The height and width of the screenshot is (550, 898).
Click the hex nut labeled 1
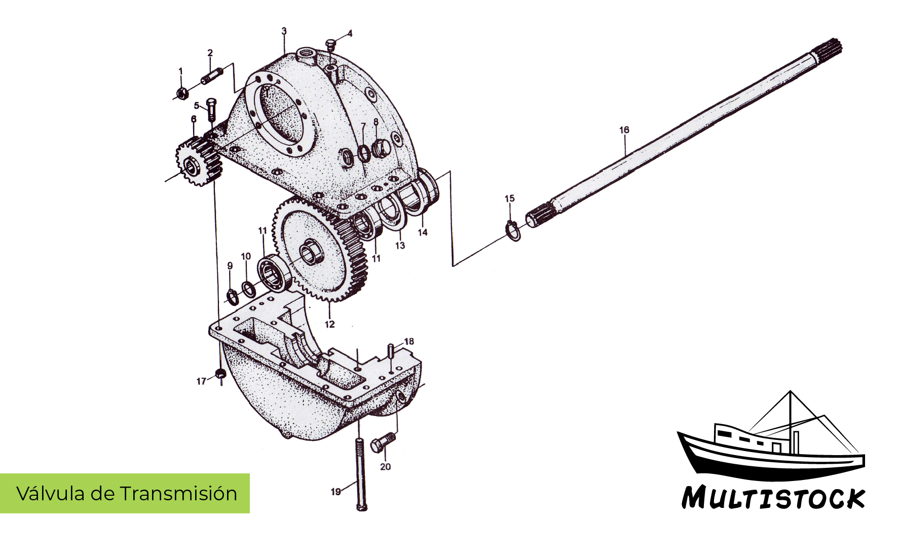coord(182,93)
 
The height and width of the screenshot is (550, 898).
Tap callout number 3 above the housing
coord(284,31)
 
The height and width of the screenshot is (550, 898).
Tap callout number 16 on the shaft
coord(624,130)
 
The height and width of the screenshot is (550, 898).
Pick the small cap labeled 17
coord(220,374)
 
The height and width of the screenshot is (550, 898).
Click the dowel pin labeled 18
coord(392,350)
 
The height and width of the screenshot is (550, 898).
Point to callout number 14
coord(422,232)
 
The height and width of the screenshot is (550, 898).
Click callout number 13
coord(400,246)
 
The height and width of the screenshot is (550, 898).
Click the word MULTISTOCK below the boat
coord(773,498)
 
